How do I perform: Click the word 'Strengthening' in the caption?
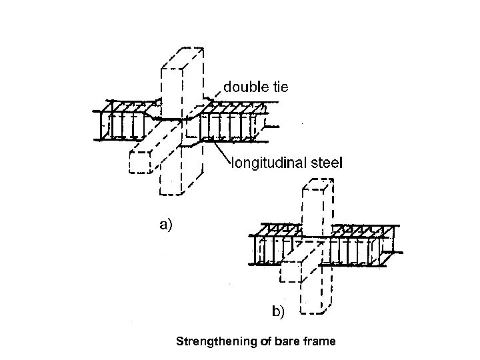(208, 342)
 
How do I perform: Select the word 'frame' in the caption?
(317, 342)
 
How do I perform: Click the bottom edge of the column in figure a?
(172, 194)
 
